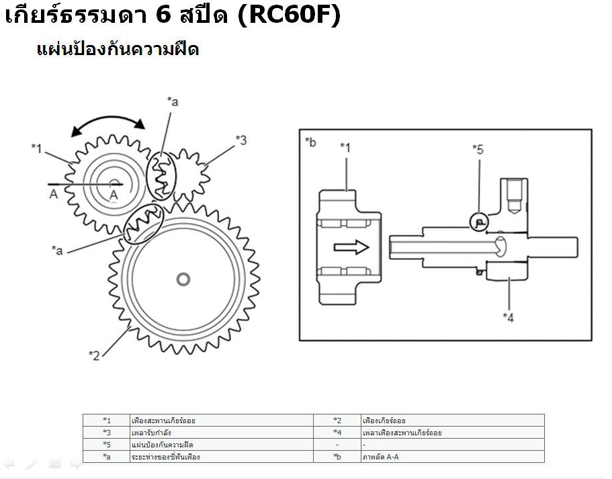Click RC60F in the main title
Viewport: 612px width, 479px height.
[289, 15]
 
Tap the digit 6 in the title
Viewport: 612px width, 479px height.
[163, 15]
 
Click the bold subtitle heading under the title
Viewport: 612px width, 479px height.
[118, 50]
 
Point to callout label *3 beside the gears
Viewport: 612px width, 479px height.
[241, 140]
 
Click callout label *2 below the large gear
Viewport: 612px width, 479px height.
[95, 355]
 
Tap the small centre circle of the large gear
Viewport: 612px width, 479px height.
[183, 279]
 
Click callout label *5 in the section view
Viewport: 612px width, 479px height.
[478, 149]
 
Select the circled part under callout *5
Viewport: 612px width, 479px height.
[479, 222]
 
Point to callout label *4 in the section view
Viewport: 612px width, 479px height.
[508, 317]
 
